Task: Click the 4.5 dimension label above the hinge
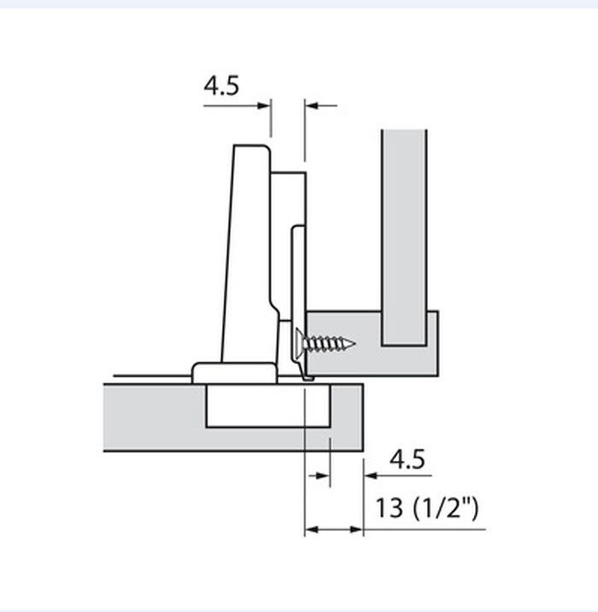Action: click(x=221, y=86)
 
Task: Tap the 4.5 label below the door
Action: click(x=407, y=459)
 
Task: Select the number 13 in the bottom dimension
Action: click(x=389, y=507)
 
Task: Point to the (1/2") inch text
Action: click(x=445, y=508)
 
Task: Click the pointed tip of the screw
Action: click(x=355, y=344)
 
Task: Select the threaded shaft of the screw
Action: click(x=327, y=343)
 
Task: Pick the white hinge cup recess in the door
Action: click(x=268, y=406)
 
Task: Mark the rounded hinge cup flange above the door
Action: click(x=234, y=373)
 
